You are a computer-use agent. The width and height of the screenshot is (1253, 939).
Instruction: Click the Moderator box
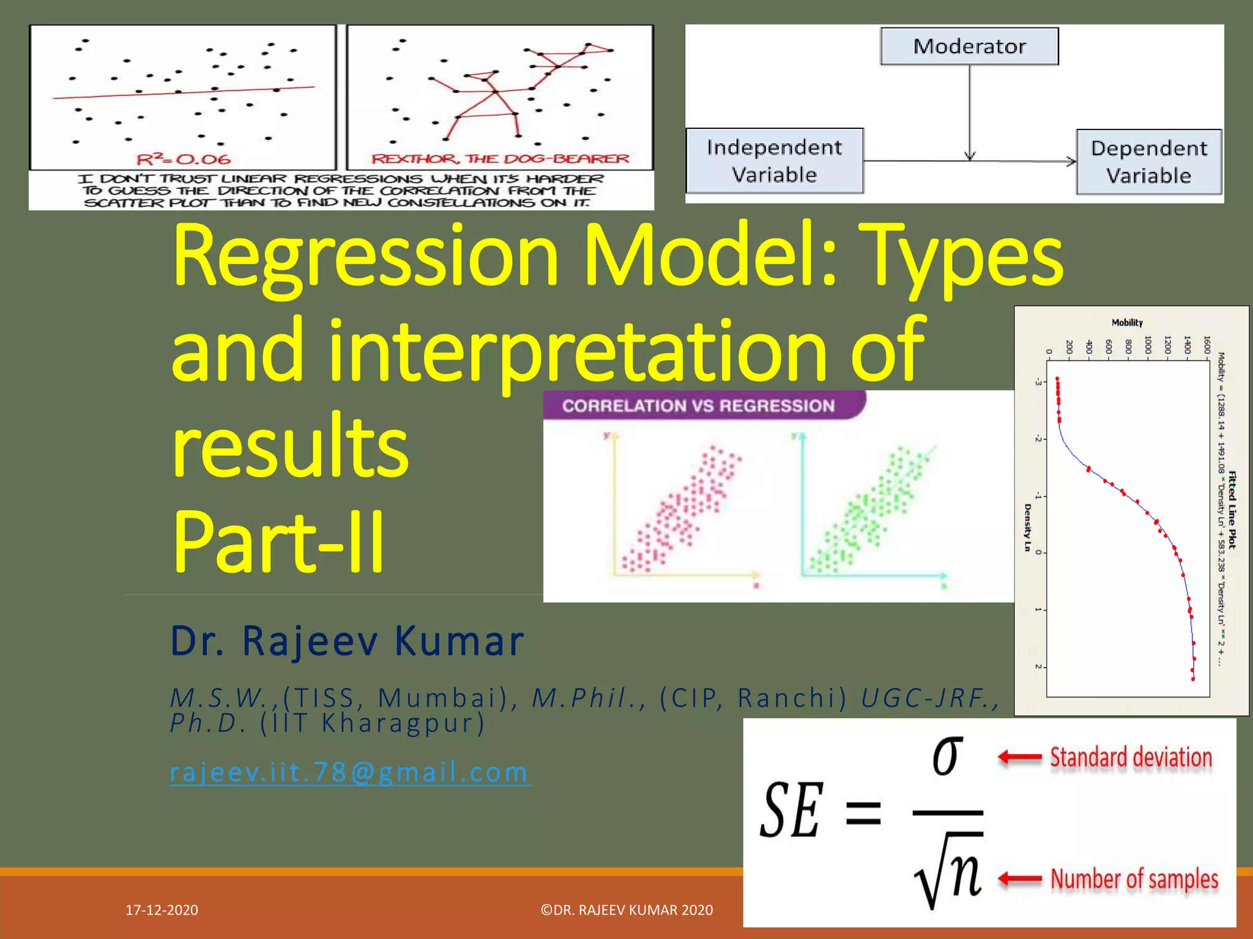969,46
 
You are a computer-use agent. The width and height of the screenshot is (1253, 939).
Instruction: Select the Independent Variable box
774,161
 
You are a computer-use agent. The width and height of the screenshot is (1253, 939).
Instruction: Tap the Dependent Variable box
1148,162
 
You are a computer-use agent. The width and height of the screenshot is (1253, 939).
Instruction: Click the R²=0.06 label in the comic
184,160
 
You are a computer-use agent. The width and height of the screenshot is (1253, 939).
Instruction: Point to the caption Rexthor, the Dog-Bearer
500,159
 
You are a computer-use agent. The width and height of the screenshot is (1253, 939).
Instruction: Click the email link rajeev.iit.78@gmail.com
349,772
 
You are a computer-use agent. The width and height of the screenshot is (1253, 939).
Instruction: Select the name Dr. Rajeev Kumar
347,641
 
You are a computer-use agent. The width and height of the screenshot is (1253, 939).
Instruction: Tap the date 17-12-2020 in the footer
162,910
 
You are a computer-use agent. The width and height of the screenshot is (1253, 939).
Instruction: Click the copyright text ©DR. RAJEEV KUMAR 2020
626,910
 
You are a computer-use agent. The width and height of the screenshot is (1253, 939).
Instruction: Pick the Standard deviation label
1131,757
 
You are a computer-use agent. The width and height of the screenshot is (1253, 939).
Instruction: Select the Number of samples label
1134,879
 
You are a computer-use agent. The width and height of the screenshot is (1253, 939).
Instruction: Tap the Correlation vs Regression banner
698,406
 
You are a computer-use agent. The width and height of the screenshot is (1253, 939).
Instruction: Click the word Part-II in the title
278,541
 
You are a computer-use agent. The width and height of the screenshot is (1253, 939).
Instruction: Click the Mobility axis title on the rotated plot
1127,323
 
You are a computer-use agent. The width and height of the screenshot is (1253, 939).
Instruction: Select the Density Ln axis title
1027,527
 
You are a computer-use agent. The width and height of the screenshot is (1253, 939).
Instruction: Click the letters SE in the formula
790,811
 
